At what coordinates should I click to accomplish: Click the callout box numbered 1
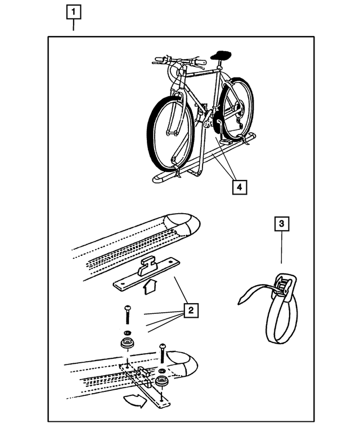pyautogui.click(x=74, y=11)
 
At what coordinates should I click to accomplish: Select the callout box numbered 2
pyautogui.click(x=191, y=309)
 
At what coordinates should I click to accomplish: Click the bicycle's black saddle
pyautogui.click(x=221, y=55)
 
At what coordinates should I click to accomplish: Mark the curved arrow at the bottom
pyautogui.click(x=135, y=402)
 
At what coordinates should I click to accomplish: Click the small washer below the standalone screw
pyautogui.click(x=127, y=332)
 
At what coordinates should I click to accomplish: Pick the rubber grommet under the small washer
pyautogui.click(x=127, y=344)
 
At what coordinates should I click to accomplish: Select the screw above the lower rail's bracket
pyautogui.click(x=163, y=353)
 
